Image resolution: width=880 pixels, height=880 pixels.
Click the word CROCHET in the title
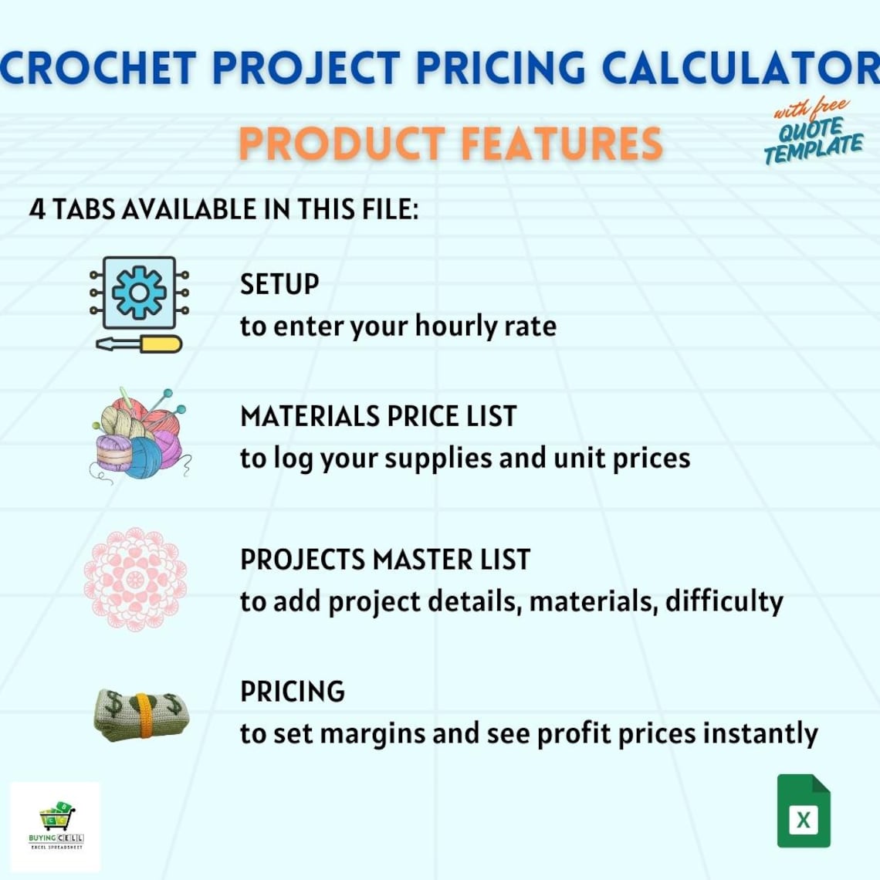[x=98, y=67]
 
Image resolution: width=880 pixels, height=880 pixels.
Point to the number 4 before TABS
[x=37, y=209]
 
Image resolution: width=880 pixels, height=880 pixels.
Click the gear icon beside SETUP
[x=139, y=292]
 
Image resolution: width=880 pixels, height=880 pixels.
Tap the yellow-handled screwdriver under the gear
[x=139, y=344]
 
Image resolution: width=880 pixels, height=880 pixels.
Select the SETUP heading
[x=279, y=284]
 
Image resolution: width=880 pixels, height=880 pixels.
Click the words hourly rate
[x=486, y=326]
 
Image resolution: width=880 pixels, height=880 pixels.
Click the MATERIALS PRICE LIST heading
[x=378, y=417]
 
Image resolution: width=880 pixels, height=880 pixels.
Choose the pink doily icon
[x=135, y=578]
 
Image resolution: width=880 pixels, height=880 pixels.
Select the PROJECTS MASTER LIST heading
[x=385, y=560]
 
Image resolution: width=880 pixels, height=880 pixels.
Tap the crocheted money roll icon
[x=140, y=716]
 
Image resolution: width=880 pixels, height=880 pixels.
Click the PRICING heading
[x=293, y=692]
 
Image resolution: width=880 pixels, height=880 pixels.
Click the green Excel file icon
[x=804, y=811]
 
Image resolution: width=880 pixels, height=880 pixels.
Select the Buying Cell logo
[x=56, y=827]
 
